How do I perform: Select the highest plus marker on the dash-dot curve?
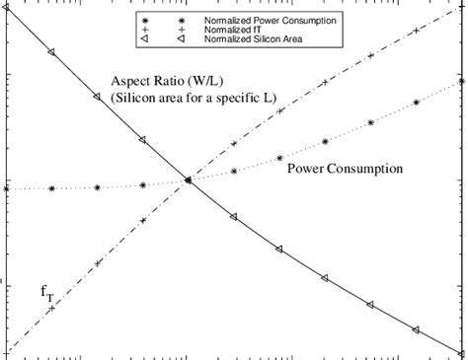(x=419, y=33)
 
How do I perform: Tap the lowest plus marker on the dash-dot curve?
(x=51, y=309)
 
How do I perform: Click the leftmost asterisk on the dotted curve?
(x=6, y=188)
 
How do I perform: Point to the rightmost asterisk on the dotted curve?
(x=461, y=81)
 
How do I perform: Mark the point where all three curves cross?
(x=188, y=180)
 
